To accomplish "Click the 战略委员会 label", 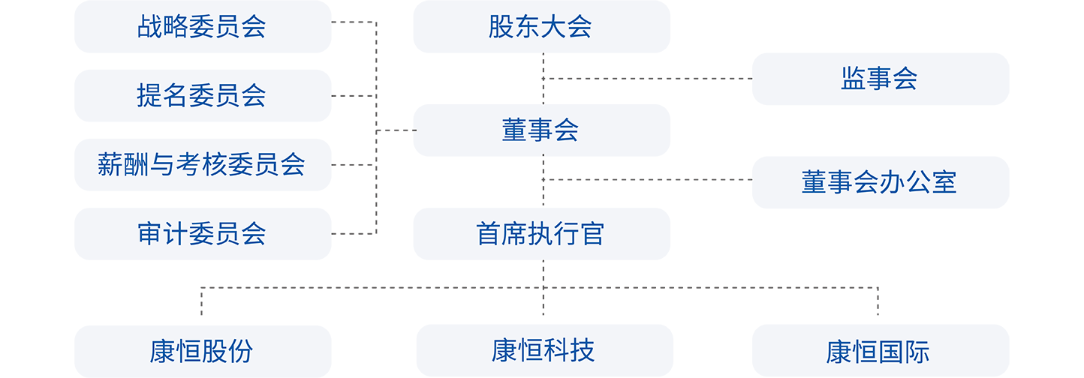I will (201, 27).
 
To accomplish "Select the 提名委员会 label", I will (201, 96).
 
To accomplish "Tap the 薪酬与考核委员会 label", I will (201, 164).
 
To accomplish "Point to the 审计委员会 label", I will (201, 233).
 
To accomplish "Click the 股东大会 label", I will (540, 27).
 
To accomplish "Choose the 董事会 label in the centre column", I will (540, 130).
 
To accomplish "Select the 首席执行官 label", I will (540, 233).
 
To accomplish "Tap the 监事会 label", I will (878, 79).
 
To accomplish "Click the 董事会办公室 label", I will (878, 182).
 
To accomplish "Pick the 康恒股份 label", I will (201, 351).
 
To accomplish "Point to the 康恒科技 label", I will (543, 349).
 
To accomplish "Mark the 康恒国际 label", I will (878, 351).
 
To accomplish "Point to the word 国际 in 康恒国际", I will (904, 351).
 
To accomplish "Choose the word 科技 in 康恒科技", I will (569, 349).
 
